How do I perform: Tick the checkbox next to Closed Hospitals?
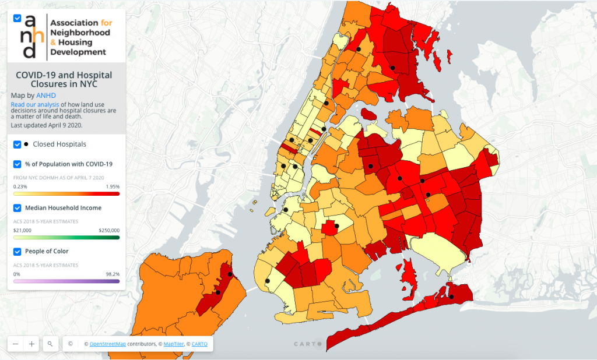17,144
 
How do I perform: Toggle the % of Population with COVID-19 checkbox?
17,164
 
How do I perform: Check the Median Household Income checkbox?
17,208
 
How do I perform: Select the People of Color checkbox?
17,252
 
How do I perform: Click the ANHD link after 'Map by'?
46,95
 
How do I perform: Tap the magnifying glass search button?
50,344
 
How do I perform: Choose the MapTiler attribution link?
173,344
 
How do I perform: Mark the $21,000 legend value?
23,230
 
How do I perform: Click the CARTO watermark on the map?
307,344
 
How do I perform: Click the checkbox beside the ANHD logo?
17,18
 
